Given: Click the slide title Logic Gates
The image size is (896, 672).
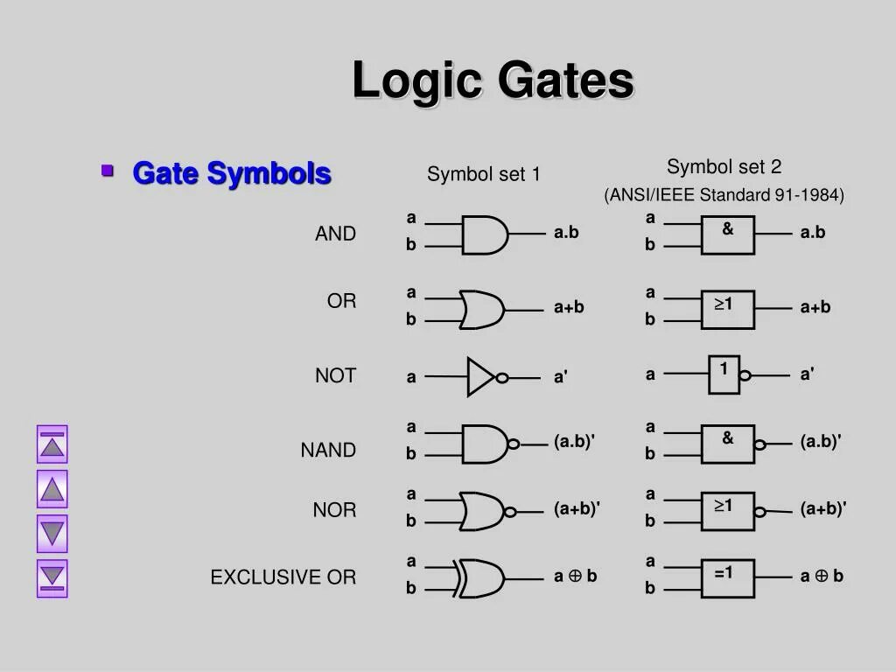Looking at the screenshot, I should tap(493, 81).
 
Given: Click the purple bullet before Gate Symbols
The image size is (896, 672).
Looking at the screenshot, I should tap(108, 170).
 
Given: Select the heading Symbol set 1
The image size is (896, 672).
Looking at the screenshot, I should tap(483, 175).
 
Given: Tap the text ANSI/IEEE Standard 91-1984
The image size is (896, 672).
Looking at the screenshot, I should tap(724, 195).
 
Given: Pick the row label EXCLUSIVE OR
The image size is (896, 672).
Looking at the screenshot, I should tap(283, 577).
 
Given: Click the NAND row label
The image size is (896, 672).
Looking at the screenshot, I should tap(328, 451).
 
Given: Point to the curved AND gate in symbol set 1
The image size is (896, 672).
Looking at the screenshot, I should tap(484, 234).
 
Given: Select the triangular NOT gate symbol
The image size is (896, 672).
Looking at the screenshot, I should tap(481, 377).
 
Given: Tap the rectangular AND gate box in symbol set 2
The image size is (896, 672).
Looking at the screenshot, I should tap(727, 235).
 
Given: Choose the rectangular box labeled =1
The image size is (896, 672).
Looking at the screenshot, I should tap(727, 578).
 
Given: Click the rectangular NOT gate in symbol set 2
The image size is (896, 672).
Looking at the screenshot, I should tap(724, 374).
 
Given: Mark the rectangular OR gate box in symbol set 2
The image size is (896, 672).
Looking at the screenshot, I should tap(727, 310).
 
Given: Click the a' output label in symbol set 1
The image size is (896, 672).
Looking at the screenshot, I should tap(561, 377).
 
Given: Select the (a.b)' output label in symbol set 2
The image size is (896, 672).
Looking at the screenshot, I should tap(820, 443).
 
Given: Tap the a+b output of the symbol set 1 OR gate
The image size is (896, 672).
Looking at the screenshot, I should tap(569, 307).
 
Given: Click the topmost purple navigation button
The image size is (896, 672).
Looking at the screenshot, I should tap(52, 444).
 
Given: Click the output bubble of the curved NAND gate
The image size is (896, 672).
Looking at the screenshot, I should tap(513, 444).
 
